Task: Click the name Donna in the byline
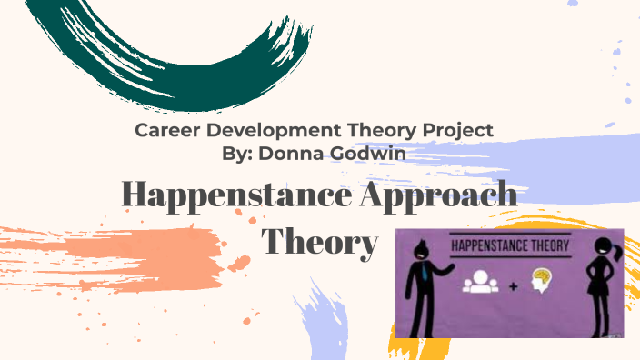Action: coord(290,153)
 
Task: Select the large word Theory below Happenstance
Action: coord(319,241)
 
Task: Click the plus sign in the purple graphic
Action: coord(513,286)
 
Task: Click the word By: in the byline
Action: coord(238,153)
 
